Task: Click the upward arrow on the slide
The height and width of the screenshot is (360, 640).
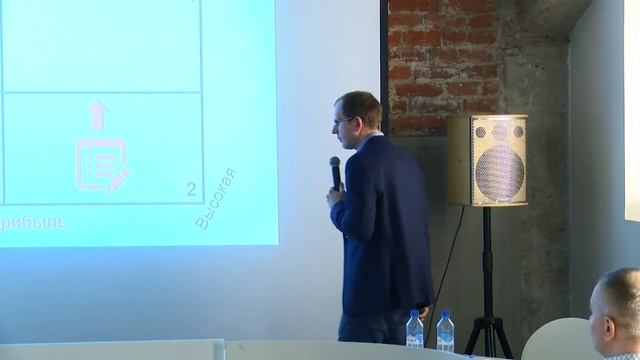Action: click(97, 115)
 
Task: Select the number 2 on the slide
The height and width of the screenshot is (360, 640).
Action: click(191, 188)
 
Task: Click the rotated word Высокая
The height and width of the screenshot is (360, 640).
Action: click(215, 199)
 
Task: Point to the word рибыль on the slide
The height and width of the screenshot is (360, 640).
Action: click(34, 222)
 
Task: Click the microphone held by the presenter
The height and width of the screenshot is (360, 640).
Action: click(335, 171)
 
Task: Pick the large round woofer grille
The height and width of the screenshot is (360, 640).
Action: click(499, 171)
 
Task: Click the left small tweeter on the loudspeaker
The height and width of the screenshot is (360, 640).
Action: click(481, 131)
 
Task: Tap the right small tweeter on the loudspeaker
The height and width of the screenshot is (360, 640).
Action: click(517, 131)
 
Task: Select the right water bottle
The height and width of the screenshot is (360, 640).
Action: click(445, 331)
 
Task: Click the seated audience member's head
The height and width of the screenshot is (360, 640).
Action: click(617, 305)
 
